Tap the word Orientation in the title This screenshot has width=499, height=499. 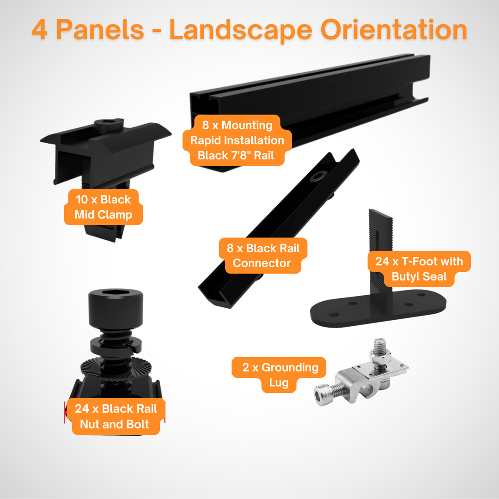click(394, 30)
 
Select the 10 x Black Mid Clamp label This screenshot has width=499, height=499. click(103, 207)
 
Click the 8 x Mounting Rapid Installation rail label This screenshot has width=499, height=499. click(237, 140)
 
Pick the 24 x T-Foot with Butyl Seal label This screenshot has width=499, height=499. click(419, 269)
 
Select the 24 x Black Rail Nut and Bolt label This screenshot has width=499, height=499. click(116, 416)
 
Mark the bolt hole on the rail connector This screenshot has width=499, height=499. click(318, 176)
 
